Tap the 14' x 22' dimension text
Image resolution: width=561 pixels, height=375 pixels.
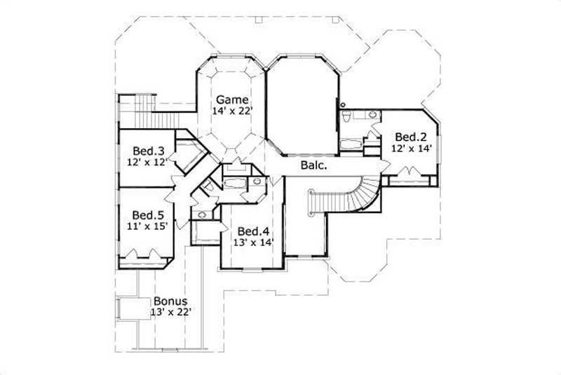click(x=231, y=111)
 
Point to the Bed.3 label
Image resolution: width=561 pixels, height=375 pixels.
click(x=148, y=151)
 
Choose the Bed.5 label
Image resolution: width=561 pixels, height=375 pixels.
click(x=148, y=214)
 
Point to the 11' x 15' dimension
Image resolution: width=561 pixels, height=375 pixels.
click(x=148, y=226)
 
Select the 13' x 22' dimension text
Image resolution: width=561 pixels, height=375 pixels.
click(x=171, y=311)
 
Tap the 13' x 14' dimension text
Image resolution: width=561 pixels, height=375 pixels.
click(x=252, y=243)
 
